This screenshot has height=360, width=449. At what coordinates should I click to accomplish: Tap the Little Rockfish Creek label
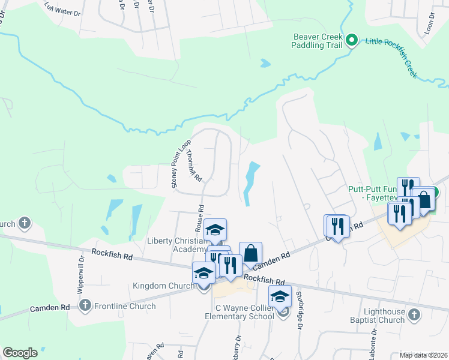[391, 59]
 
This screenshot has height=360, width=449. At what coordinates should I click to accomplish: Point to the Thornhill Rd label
[194, 166]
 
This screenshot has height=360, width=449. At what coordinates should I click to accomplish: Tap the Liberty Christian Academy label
[178, 245]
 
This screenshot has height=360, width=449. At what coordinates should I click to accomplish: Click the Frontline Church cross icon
[85, 306]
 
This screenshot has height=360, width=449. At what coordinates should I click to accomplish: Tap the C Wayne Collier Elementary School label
[240, 312]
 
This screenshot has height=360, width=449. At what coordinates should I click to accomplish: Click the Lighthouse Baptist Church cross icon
[413, 314]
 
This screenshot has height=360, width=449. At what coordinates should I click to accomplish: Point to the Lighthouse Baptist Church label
[377, 316]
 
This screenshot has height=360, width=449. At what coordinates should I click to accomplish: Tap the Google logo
[20, 353]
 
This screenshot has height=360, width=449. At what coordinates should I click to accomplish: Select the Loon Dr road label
[429, 29]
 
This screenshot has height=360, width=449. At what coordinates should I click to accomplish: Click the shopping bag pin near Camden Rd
[250, 253]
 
